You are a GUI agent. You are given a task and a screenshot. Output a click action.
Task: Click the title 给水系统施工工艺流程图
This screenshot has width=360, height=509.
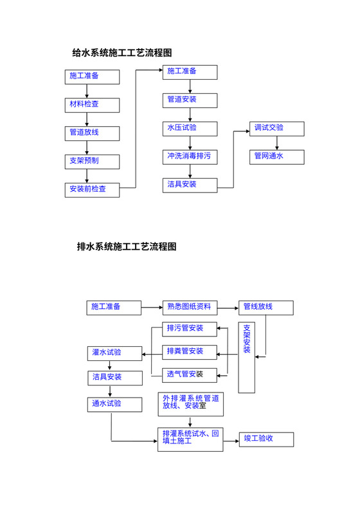[x=122, y=52]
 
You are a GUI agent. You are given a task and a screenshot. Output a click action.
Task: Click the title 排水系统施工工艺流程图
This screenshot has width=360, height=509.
[x=127, y=246]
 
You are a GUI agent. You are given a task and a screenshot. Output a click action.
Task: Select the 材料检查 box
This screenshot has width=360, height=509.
[x=92, y=104]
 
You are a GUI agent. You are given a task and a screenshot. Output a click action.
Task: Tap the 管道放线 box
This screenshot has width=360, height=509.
[x=92, y=133]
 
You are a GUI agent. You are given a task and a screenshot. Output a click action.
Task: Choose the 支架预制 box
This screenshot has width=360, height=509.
[x=92, y=161]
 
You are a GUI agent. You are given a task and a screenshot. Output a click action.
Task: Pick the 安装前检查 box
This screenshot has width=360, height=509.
[x=92, y=190]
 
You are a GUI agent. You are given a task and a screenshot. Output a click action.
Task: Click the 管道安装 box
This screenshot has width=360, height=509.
[x=189, y=100]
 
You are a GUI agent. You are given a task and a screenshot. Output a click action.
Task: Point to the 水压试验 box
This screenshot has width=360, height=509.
[x=189, y=128]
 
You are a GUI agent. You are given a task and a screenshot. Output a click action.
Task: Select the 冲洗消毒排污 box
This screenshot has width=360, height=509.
[x=189, y=156]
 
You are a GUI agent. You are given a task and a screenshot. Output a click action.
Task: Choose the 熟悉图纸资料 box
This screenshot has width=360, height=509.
[x=189, y=307]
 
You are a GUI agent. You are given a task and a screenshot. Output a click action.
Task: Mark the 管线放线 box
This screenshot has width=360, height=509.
[x=265, y=307]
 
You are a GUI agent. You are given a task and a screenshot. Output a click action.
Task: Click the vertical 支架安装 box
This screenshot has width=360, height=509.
[x=247, y=357]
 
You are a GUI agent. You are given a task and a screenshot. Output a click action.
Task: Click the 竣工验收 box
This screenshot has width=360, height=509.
[x=265, y=439]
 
